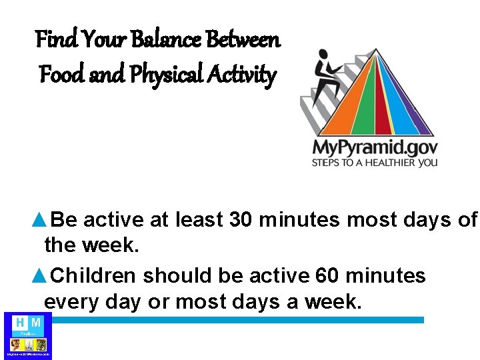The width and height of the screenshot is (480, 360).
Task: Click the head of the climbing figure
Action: coord(323,55)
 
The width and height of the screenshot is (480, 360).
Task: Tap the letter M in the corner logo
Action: coord(36,323)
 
